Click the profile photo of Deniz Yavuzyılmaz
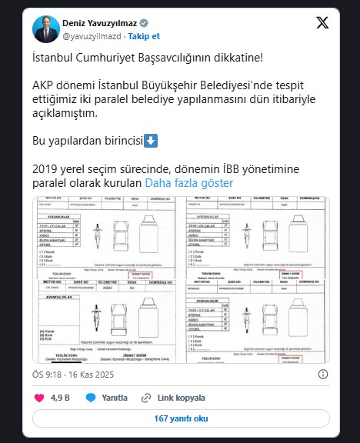tap(45, 28)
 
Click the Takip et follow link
tap(144, 35)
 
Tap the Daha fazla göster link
tap(189, 184)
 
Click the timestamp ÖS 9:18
tap(46, 375)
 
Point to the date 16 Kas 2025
tap(95, 375)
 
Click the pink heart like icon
tap(40, 398)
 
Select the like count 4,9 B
tap(60, 398)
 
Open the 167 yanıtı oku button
tap(180, 419)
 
